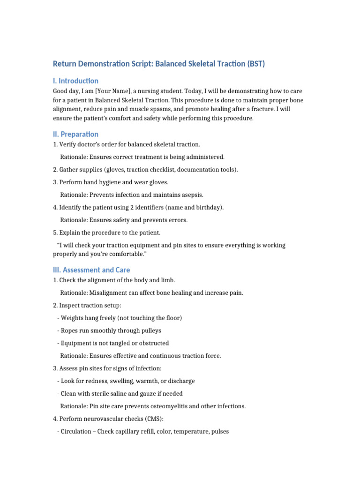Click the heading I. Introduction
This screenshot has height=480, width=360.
[75, 81]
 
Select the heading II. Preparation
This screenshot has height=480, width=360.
[75, 134]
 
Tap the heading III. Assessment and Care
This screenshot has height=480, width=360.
[91, 270]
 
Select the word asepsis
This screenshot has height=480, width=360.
[192, 195]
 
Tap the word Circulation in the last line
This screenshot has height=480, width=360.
[77, 431]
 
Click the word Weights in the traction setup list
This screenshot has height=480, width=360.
[73, 318]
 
